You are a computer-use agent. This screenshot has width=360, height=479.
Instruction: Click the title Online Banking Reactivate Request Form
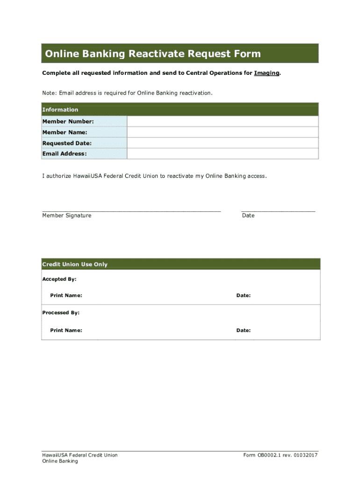click(152, 54)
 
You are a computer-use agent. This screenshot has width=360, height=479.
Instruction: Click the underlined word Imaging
click(267, 73)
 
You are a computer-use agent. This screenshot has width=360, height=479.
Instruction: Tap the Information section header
click(60, 109)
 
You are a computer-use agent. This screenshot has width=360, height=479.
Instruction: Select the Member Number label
click(68, 122)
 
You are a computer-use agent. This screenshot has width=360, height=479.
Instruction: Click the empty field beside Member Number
click(223, 122)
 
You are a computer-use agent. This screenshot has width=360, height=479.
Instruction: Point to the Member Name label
click(65, 132)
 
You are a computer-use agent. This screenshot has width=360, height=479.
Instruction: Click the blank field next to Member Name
click(223, 132)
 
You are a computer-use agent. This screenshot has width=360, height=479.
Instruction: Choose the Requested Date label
click(67, 143)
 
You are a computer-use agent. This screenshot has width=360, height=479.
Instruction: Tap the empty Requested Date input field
click(223, 143)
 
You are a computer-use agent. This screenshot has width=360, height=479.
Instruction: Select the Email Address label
click(65, 154)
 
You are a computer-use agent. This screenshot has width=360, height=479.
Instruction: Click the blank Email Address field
click(223, 154)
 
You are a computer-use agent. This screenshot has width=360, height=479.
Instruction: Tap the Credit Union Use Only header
click(75, 264)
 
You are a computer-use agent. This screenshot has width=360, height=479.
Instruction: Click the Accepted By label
click(59, 279)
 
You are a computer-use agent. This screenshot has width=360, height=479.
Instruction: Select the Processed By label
click(61, 312)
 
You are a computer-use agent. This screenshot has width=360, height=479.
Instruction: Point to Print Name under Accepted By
click(66, 296)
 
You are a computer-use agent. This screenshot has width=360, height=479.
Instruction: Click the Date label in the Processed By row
click(244, 330)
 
